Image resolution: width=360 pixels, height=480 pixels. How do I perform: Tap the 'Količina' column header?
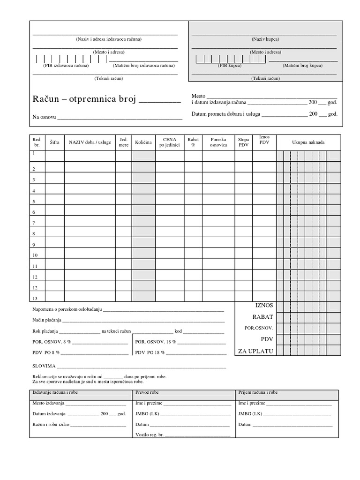tap(143, 142)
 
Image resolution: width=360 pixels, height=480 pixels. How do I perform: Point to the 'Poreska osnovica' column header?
tap(218, 142)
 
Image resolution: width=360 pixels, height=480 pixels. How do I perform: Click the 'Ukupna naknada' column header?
tap(308, 142)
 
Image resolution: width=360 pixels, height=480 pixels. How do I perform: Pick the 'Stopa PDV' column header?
tap(244, 142)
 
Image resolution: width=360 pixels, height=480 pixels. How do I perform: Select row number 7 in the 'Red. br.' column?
tap(34, 223)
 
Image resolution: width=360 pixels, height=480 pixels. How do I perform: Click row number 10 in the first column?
tap(35, 255)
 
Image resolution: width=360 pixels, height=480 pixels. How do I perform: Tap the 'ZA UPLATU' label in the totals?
tap(255, 351)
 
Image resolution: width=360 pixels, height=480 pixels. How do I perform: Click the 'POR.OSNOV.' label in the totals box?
tap(258, 328)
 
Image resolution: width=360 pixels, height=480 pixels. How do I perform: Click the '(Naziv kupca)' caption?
tap(265, 39)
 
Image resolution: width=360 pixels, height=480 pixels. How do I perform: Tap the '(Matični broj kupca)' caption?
tap(302, 66)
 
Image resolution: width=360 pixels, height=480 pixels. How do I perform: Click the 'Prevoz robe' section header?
tap(147, 393)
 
